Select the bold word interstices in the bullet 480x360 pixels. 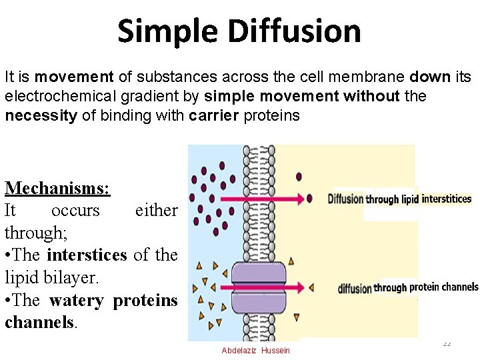87,255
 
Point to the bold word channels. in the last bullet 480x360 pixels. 39,322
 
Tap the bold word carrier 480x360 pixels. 214,115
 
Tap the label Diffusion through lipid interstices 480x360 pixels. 399,199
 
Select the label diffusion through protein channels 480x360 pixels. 408,287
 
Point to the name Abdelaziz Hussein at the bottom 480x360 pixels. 256,351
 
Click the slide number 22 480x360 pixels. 447,343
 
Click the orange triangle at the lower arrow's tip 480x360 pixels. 310,288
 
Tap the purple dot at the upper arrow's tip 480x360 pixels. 309,199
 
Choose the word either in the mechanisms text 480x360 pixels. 156,210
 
